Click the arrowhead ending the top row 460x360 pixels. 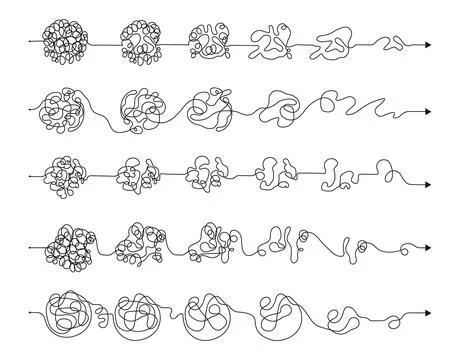(x=427, y=44)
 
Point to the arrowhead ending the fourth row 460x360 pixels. (x=427, y=245)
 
